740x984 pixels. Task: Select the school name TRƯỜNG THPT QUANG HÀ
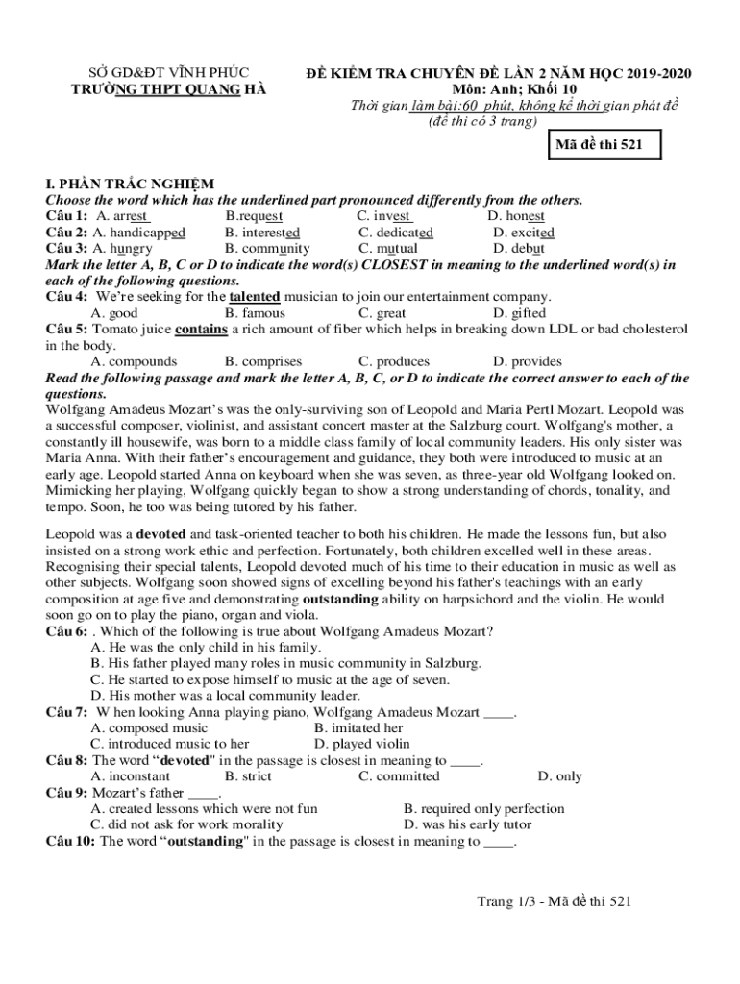(x=170, y=90)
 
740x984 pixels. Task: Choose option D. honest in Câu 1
(x=516, y=216)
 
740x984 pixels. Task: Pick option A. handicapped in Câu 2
(x=138, y=233)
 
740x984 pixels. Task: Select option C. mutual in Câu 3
(x=388, y=248)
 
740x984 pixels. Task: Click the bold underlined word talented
(x=255, y=297)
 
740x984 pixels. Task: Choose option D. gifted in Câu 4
(x=519, y=313)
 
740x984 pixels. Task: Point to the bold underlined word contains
(x=201, y=330)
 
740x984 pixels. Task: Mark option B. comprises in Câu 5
(x=263, y=362)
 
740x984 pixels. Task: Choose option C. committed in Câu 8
(x=399, y=776)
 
